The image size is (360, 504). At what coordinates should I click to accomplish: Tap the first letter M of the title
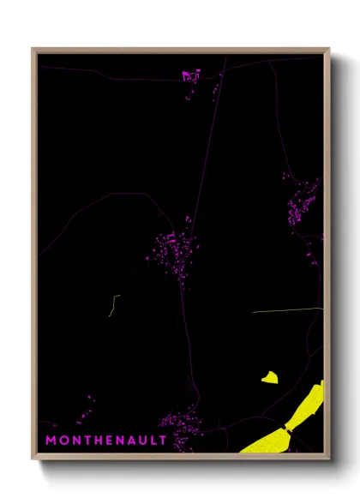[51, 441]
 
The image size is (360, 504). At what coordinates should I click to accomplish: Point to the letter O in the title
[63, 441]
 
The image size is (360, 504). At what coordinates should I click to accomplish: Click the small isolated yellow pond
[271, 376]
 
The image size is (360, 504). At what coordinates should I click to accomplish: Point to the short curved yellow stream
[113, 305]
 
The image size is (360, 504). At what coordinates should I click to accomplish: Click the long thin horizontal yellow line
[287, 310]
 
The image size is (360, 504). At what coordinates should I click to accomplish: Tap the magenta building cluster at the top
[190, 76]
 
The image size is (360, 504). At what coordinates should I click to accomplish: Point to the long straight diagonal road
[207, 146]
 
